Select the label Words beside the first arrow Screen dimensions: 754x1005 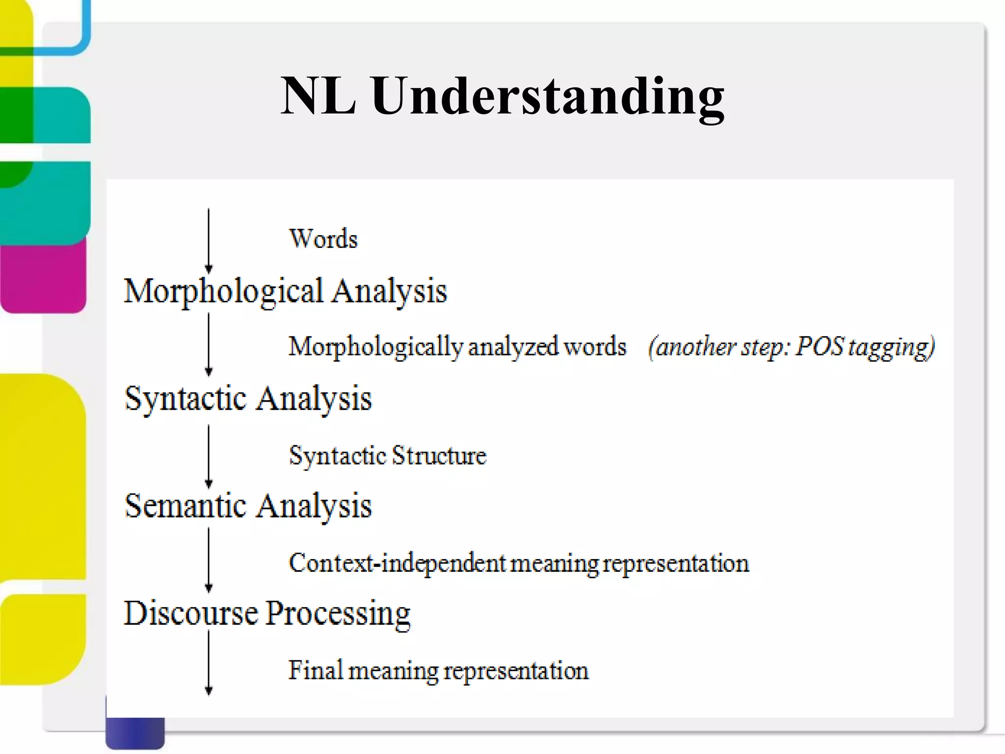click(323, 239)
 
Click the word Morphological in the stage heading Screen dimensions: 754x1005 click(223, 291)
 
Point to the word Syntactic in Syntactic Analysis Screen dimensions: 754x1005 click(185, 399)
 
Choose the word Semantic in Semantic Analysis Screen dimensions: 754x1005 click(185, 506)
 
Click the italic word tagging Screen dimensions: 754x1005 click(892, 348)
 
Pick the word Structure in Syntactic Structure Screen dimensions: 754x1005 click(439, 456)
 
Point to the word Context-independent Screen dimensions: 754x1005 click(397, 563)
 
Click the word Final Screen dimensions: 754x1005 click(315, 670)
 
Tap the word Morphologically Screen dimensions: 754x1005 click(375, 348)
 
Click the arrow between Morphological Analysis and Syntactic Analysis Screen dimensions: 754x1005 click(209, 345)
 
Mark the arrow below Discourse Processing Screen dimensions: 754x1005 click(209, 663)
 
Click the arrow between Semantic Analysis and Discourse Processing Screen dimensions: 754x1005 click(209, 560)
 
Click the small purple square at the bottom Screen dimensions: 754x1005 click(134, 732)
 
